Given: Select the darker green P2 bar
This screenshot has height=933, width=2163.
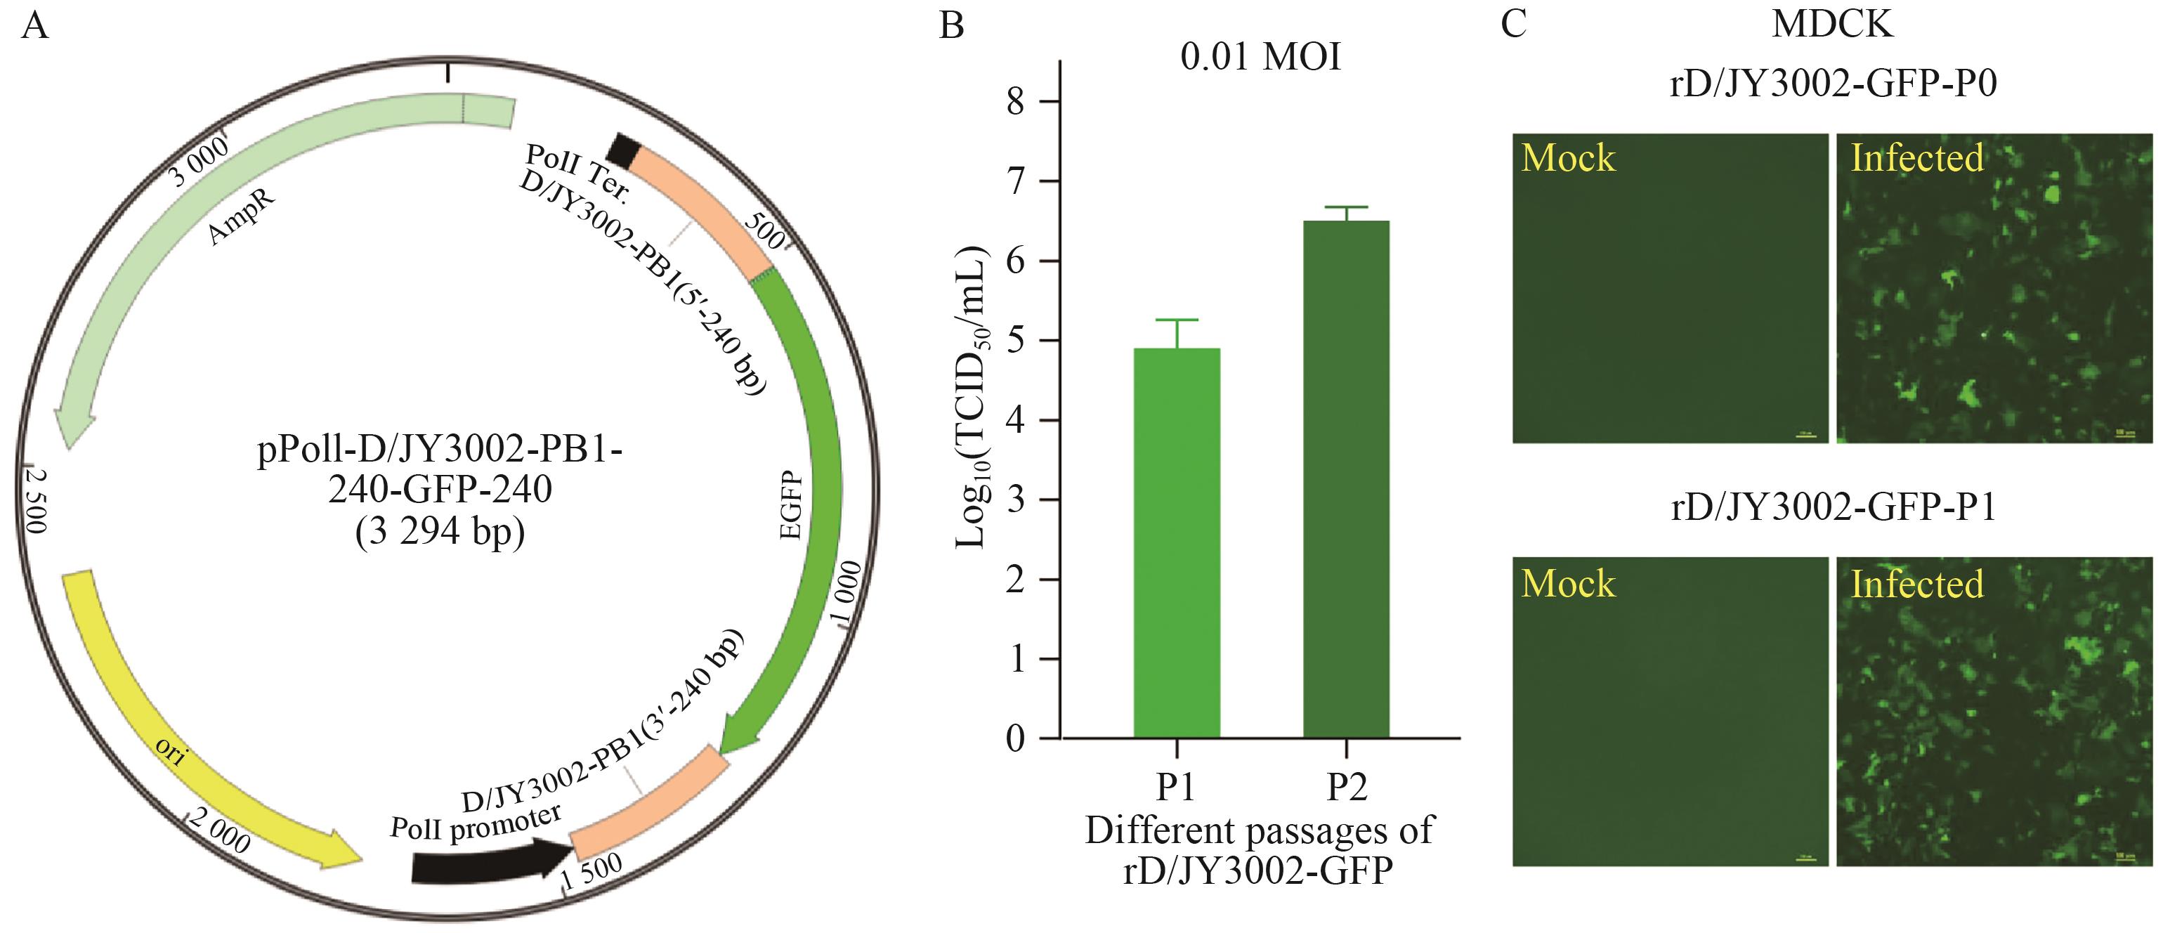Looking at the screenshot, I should click(x=1346, y=478).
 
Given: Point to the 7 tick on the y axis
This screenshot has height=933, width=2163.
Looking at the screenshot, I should click(x=1015, y=181).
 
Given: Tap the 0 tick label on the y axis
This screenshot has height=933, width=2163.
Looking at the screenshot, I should click(x=1015, y=739).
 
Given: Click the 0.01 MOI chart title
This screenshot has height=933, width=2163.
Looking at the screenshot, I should click(x=1260, y=57).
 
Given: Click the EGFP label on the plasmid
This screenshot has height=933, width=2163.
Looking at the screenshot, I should click(x=791, y=504).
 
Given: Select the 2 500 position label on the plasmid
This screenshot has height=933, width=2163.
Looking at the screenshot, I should click(x=35, y=500).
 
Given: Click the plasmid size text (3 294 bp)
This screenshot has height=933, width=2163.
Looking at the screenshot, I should click(x=439, y=532).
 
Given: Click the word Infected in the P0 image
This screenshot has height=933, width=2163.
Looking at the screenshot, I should click(x=1917, y=159).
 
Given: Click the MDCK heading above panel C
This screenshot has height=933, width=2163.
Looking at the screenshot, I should click(x=1832, y=23).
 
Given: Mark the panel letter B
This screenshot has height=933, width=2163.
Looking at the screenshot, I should click(x=951, y=25).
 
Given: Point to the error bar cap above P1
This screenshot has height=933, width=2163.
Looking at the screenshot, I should click(x=1177, y=320).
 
